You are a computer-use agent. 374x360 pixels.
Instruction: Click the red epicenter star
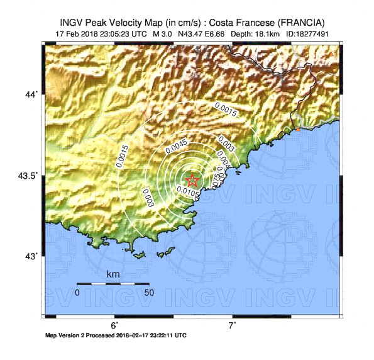click(193, 181)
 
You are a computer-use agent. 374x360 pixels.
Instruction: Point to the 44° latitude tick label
click(31, 94)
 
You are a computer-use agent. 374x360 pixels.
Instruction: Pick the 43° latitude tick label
click(31, 256)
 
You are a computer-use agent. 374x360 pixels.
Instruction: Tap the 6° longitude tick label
click(114, 325)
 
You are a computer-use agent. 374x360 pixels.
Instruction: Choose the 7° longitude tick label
click(232, 325)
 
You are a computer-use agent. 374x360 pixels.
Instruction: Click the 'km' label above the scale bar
click(113, 275)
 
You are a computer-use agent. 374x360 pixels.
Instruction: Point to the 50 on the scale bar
click(149, 293)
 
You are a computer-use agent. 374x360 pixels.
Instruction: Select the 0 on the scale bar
click(77, 293)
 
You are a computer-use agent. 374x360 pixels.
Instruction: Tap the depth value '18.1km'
click(270, 33)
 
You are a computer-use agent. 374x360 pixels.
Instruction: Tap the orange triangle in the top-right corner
click(332, 55)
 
